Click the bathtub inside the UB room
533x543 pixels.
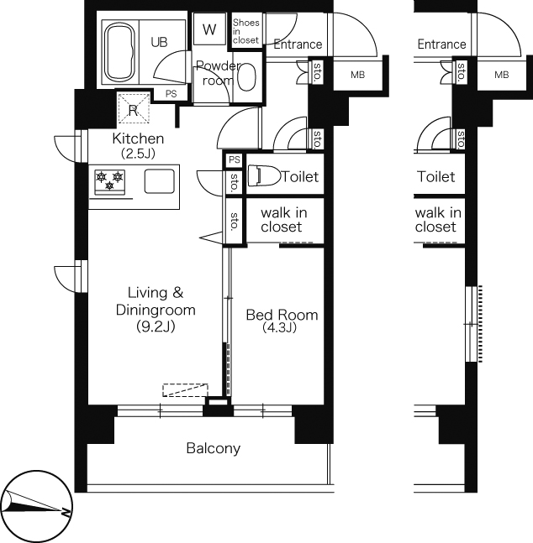click(120, 51)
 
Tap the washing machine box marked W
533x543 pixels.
click(209, 29)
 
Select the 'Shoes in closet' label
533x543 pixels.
click(246, 31)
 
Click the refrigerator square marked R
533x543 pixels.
click(134, 107)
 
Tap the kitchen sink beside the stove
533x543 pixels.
click(159, 181)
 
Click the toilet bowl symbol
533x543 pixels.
click(265, 175)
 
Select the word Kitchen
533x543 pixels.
click(138, 138)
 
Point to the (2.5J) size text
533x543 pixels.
click(138, 153)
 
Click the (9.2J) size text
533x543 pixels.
click(156, 326)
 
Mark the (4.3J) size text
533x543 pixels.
click(280, 327)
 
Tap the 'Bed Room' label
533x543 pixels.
click(282, 315)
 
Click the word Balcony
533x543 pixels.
click(214, 448)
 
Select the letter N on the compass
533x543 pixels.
click(65, 512)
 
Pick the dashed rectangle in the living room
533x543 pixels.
click(185, 390)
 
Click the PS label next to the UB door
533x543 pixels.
click(171, 94)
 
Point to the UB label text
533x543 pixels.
click(159, 42)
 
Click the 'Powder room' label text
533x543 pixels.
click(218, 73)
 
